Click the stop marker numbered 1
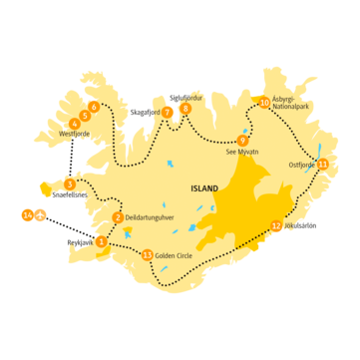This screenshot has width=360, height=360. point(101,240)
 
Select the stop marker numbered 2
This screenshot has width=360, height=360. point(118,217)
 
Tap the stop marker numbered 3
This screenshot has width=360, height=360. point(69,184)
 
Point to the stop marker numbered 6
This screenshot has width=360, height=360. point(94,106)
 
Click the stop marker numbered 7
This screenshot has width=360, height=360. point(168,112)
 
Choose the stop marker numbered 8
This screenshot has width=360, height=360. point(185,109)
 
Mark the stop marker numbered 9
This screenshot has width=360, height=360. point(242,140)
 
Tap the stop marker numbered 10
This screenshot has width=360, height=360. point(263,102)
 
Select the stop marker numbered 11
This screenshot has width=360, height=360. point(322,164)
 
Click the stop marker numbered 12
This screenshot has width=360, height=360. point(276,226)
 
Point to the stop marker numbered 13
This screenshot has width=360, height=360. point(148,255)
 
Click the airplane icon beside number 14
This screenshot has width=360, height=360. point(41,214)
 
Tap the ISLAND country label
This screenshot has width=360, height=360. point(205,186)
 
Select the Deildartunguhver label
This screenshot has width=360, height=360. point(150,217)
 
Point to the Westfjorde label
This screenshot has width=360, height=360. point(75,134)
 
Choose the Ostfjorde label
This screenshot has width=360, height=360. point(300,165)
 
